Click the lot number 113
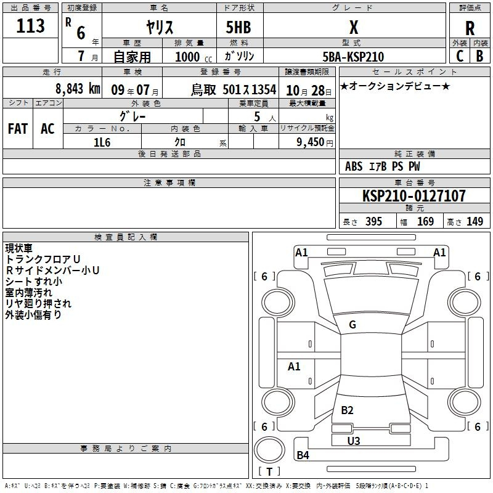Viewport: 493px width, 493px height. (x=30, y=25)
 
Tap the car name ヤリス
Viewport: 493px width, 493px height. (x=160, y=27)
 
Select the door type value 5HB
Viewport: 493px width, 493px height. (x=238, y=27)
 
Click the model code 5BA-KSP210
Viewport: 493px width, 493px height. (x=353, y=57)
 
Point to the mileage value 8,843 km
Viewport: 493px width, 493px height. (x=78, y=89)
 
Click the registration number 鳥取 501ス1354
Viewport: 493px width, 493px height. (x=234, y=90)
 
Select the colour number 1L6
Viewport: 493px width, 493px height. (x=102, y=142)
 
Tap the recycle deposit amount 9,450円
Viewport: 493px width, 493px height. (x=315, y=142)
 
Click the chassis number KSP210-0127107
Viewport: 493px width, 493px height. (x=414, y=195)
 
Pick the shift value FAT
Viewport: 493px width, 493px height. (x=18, y=129)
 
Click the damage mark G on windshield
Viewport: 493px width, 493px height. (x=352, y=325)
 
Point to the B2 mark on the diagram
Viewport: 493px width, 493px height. (x=347, y=410)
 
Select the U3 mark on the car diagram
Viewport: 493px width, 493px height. (x=354, y=441)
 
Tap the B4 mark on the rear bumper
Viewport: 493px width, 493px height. (x=303, y=455)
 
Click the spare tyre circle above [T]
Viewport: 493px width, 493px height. (x=269, y=450)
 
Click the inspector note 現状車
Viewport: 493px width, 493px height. (x=19, y=248)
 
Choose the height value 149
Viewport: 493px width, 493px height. (x=475, y=221)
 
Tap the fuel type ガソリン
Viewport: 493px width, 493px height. (x=239, y=56)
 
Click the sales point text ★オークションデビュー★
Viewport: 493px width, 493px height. (x=395, y=86)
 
